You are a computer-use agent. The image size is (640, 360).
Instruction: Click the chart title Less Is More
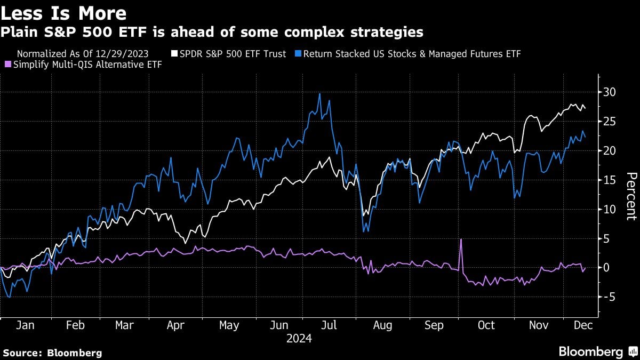[64, 13]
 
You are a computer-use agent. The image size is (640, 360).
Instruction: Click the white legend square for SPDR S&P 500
[174, 54]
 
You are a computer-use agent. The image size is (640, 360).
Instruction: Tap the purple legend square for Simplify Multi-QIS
[7, 64]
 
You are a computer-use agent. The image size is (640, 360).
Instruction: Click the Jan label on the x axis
[25, 325]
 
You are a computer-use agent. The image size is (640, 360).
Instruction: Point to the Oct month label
[486, 325]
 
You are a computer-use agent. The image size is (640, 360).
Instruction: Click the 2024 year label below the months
[299, 339]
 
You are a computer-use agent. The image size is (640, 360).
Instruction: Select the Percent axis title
[631, 196]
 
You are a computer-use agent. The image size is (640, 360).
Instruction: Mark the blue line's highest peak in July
[319, 94]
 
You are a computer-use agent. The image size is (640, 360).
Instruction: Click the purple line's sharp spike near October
[460, 240]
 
